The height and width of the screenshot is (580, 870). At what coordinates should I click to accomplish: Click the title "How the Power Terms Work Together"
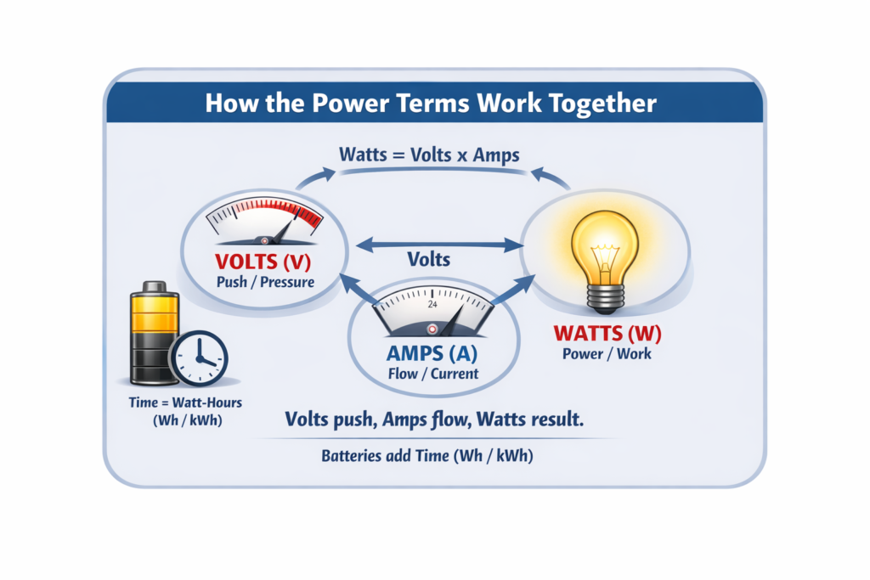[431, 103]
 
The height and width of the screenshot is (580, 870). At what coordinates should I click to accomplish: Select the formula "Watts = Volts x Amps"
[429, 155]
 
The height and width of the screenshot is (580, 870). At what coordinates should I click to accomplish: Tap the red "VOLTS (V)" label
[263, 262]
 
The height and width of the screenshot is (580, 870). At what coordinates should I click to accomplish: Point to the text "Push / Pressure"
[265, 282]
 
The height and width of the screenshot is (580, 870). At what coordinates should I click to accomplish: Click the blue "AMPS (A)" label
[432, 353]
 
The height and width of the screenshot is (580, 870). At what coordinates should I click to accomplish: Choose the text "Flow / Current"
[432, 374]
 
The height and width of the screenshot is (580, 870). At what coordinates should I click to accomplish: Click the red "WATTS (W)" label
[607, 333]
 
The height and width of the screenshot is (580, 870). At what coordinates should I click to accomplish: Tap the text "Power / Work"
[607, 354]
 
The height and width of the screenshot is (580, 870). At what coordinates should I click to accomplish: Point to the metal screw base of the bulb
[605, 301]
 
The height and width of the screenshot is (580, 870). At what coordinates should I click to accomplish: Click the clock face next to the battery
[199, 358]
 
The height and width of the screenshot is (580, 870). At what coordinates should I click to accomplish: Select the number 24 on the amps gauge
[432, 304]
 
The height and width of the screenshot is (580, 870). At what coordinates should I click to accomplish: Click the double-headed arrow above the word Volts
[439, 244]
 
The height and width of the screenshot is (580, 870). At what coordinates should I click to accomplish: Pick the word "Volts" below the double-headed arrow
[428, 260]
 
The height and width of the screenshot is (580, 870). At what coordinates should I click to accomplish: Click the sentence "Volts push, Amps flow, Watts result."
[434, 420]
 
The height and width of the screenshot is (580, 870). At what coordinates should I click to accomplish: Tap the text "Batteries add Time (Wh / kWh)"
[427, 456]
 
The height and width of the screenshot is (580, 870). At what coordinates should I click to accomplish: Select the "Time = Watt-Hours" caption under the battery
[185, 403]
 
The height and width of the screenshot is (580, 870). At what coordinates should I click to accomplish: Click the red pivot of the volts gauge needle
[265, 241]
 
